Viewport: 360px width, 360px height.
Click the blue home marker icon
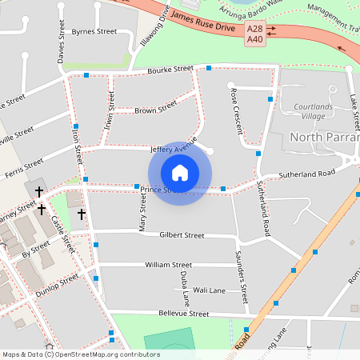tap(180, 172)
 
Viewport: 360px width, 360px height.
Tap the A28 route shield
tap(255, 30)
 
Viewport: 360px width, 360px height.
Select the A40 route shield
tap(255, 39)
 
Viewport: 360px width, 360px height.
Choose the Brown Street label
tap(155, 109)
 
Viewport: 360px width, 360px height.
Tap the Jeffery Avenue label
tap(174, 149)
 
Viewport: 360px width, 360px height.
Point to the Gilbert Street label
tap(182, 235)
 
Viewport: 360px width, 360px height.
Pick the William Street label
tap(168, 264)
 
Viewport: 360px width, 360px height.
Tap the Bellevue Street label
tap(183, 314)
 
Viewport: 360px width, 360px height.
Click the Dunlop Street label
tap(58, 285)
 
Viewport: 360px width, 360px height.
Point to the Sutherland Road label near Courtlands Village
tap(306, 174)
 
